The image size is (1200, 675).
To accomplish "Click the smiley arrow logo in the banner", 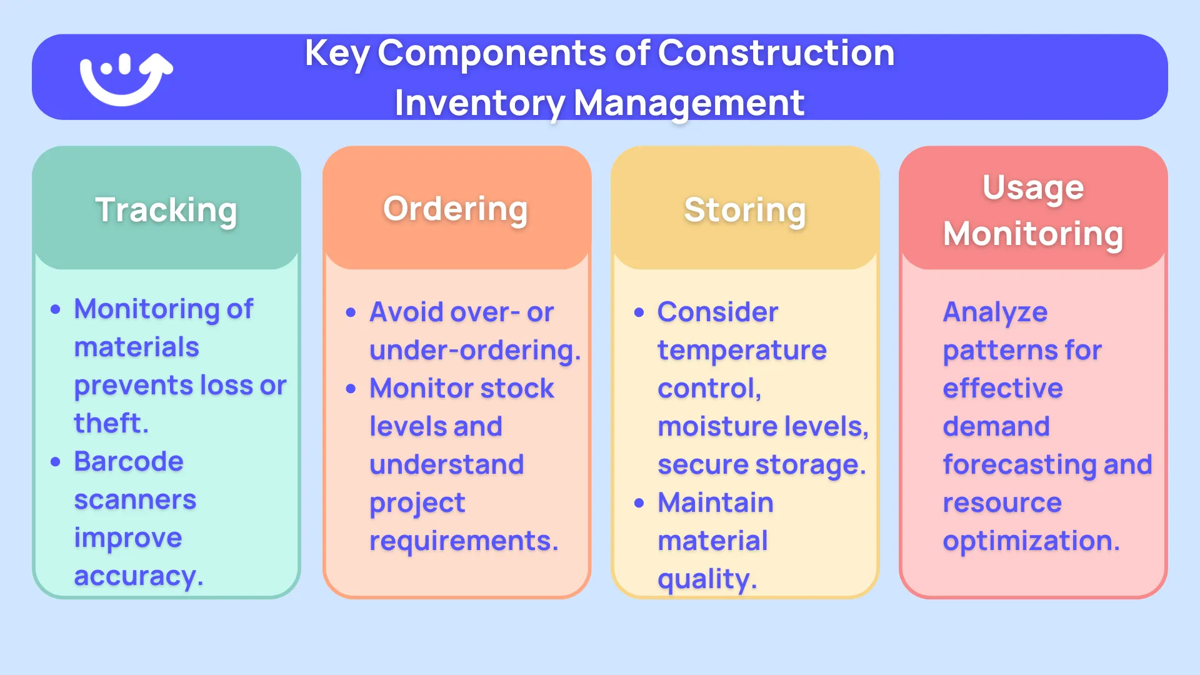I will click(126, 78).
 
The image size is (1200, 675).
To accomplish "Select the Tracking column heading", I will click(166, 210).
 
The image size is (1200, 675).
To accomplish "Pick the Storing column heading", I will click(745, 210).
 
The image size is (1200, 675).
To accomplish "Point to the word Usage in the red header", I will click(1033, 188).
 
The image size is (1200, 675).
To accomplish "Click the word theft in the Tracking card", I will click(110, 423).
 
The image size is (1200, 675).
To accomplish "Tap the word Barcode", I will click(129, 462).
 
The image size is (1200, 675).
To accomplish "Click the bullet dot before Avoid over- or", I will click(351, 312).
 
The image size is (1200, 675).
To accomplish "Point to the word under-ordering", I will click(474, 350).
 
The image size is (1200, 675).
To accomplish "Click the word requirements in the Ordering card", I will click(462, 541).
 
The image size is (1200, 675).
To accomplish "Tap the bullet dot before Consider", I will click(639, 312).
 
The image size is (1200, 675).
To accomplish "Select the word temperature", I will click(742, 350).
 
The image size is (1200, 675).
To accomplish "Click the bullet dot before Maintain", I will click(639, 503).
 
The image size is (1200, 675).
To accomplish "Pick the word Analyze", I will click(995, 312).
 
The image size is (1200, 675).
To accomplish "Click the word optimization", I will click(1030, 541).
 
